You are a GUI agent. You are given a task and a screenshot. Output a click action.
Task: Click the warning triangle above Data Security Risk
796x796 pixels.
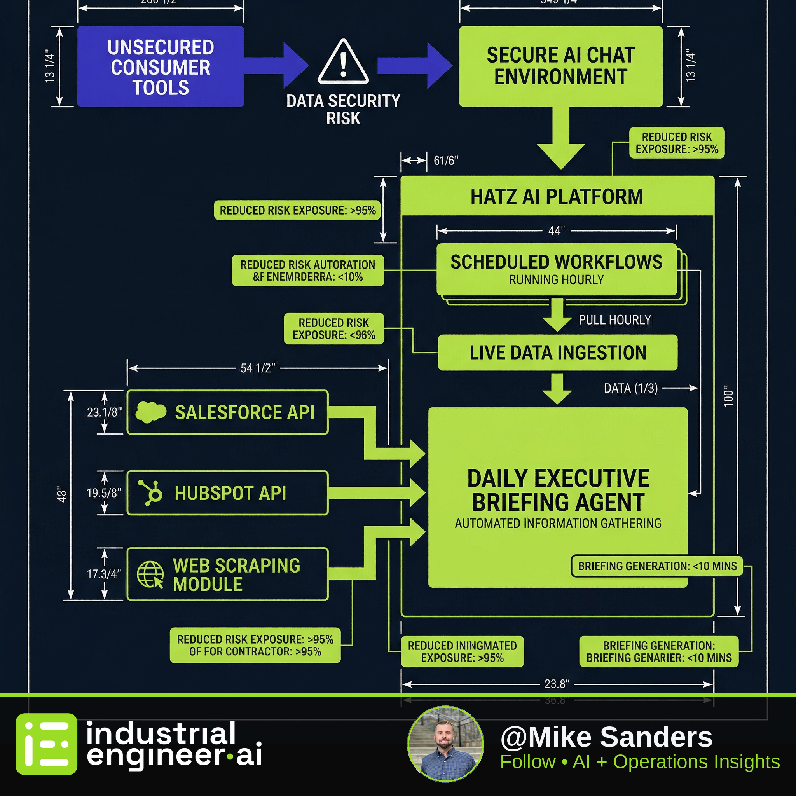coord(343,62)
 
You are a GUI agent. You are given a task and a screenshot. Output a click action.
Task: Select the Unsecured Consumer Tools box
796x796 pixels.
coord(161,67)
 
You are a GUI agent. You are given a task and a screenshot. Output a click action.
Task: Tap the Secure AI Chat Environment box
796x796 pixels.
coord(560,66)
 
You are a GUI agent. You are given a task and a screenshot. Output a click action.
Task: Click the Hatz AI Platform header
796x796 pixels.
coord(557,197)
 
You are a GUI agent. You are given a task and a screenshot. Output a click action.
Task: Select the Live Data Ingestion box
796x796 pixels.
coord(557,353)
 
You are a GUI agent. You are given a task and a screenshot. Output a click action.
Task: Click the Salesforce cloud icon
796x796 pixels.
coord(151,412)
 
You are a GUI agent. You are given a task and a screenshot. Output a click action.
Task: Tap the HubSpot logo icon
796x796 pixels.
coord(150,492)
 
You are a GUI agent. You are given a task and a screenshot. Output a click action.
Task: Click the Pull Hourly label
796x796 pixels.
coord(614,320)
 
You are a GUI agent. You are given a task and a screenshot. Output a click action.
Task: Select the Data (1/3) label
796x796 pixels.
coord(630,388)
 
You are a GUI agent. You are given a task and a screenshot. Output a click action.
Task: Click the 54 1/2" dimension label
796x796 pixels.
coord(258,368)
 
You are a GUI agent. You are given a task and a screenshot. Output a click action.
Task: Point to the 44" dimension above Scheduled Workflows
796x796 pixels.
coord(556,231)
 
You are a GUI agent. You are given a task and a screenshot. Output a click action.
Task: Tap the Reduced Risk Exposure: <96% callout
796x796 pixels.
coord(334,329)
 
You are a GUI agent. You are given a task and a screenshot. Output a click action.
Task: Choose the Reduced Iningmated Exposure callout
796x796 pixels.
coord(462,651)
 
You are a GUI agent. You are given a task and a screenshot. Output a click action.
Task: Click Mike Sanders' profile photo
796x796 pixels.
coord(445,744)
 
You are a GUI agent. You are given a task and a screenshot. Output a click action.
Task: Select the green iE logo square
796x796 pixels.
coord(46,744)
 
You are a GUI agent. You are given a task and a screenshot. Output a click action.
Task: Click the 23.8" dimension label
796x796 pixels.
coord(557,684)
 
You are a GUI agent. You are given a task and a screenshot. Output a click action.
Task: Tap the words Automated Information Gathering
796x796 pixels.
coord(558,523)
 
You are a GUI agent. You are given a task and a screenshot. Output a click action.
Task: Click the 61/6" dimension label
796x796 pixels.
coord(446,160)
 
